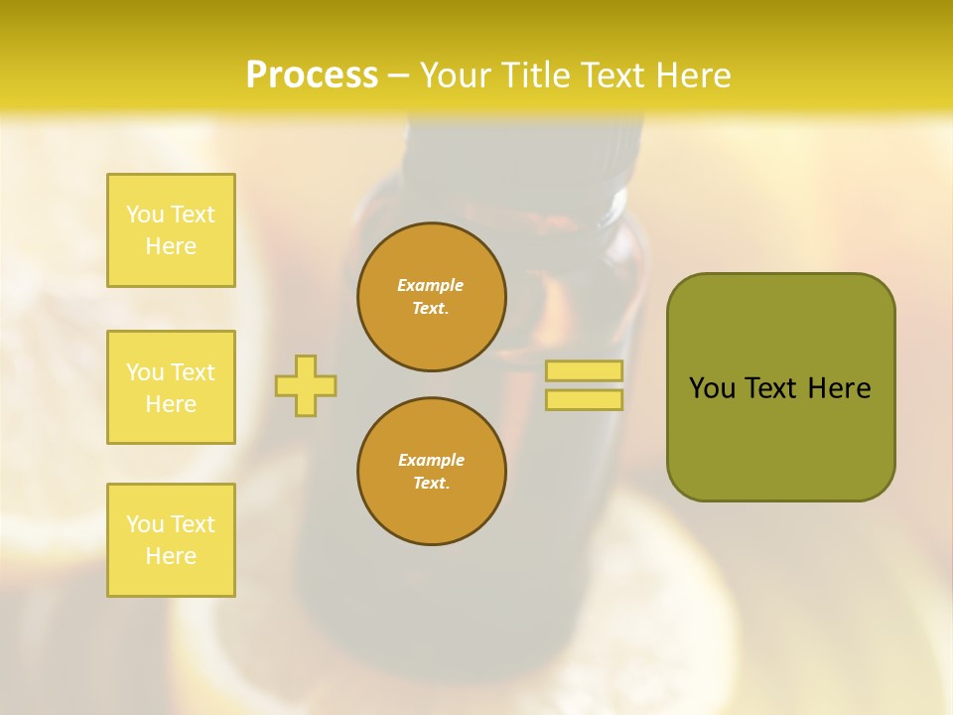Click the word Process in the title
tap(312, 74)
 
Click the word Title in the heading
tap(536, 74)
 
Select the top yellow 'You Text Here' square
tap(171, 230)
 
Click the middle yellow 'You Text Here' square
tap(171, 387)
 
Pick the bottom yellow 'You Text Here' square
tap(171, 540)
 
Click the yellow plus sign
tap(306, 385)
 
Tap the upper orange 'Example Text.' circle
tap(431, 297)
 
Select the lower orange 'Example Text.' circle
tap(431, 472)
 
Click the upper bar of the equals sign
tap(584, 371)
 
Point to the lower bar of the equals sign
tap(584, 399)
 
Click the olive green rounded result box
tap(780, 437)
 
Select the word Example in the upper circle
tap(431, 285)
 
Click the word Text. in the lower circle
tap(431, 484)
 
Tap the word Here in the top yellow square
tap(171, 246)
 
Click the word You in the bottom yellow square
tap(145, 524)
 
